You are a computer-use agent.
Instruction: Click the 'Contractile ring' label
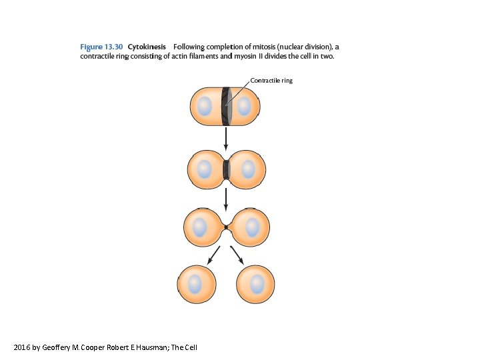(271, 81)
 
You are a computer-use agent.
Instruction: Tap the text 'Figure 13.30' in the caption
(101, 47)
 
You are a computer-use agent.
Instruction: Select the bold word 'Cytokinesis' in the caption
(147, 47)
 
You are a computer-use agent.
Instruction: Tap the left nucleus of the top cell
(205, 106)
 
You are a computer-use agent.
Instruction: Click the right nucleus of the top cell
(244, 106)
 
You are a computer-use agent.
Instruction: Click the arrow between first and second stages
(226, 138)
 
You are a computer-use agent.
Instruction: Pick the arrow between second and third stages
(226, 197)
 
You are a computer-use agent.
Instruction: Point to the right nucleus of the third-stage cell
(252, 227)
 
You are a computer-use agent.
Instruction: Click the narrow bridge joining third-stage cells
(226, 227)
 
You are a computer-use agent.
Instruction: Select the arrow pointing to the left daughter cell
(214, 255)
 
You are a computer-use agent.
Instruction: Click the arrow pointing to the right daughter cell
(237, 255)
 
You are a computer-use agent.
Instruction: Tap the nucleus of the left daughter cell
(195, 284)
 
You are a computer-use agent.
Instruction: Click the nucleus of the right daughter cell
(256, 284)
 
